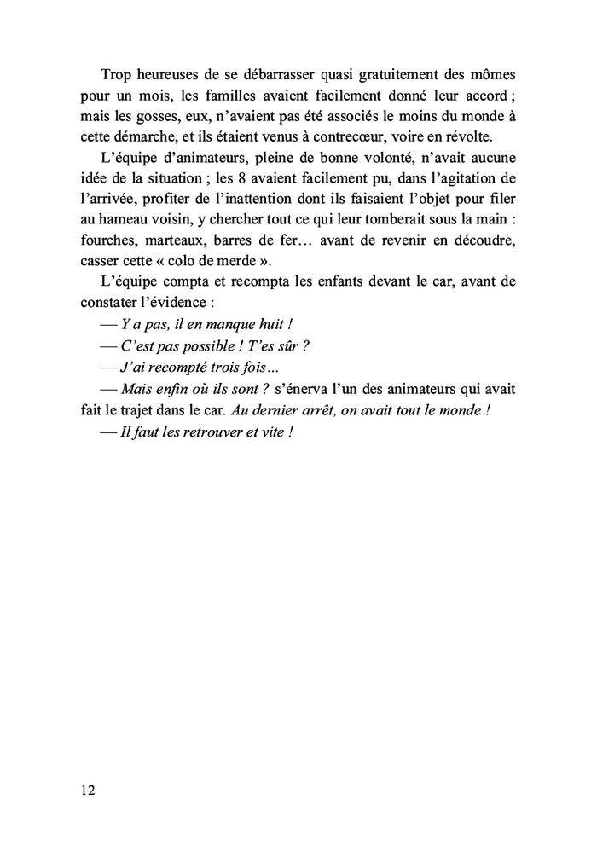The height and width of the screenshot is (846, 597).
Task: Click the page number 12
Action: [88, 790]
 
